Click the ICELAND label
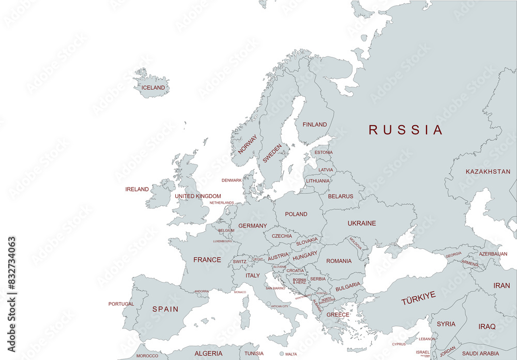(x=153, y=88)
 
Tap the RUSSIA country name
(x=406, y=130)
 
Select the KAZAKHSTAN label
(x=488, y=171)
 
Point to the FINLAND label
(x=314, y=125)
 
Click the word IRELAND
(x=137, y=189)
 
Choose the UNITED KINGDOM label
(x=197, y=197)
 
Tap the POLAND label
(x=296, y=214)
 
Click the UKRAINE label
(x=362, y=223)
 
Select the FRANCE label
(x=207, y=260)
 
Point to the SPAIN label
(x=165, y=309)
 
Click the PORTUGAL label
(x=121, y=304)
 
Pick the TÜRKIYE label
(x=418, y=298)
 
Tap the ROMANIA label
(x=339, y=261)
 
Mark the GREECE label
(x=338, y=314)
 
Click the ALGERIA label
(x=208, y=354)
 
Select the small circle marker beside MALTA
(x=281, y=354)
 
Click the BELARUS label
(x=341, y=197)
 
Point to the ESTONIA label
(x=324, y=153)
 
